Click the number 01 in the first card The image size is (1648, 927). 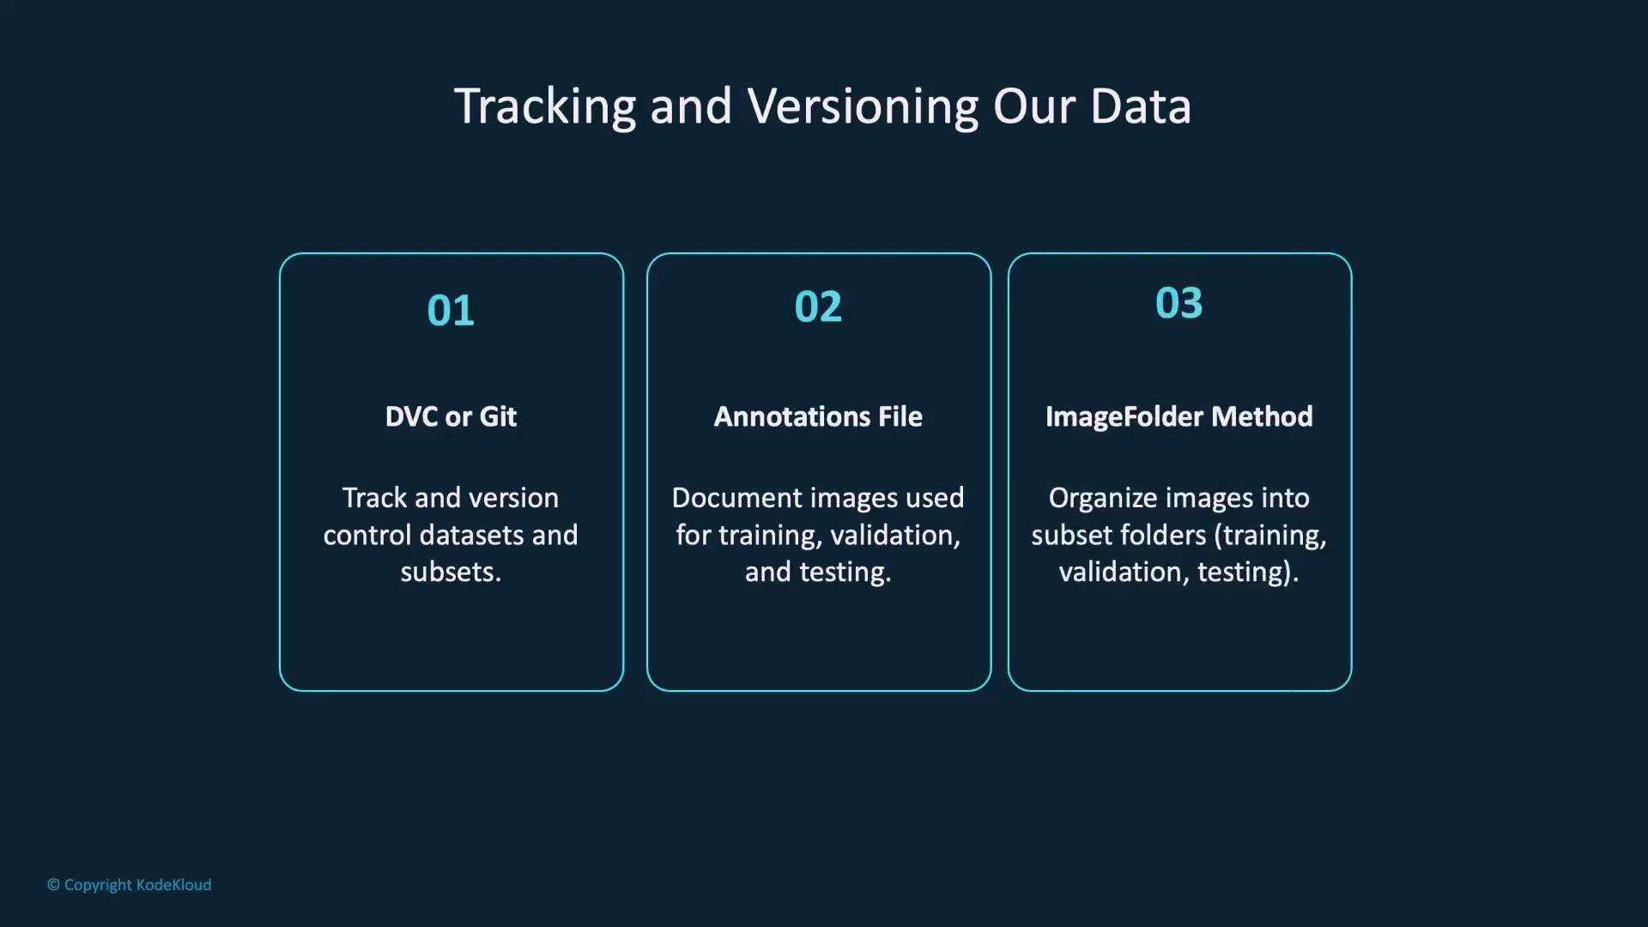(x=451, y=311)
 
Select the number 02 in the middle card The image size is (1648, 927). (x=818, y=307)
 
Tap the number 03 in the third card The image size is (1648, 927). (x=1178, y=304)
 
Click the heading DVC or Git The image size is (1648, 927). (x=451, y=417)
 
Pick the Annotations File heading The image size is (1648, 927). (x=818, y=417)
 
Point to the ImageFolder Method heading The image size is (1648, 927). (x=1178, y=417)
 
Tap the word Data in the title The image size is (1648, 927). (x=1141, y=106)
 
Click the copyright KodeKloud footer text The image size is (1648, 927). (x=130, y=885)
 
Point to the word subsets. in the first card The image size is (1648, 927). (x=451, y=573)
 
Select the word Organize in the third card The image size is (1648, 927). (x=1096, y=499)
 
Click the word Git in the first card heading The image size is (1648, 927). (x=498, y=417)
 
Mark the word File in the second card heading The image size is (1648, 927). (x=900, y=417)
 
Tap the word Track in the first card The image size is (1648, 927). (x=375, y=499)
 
